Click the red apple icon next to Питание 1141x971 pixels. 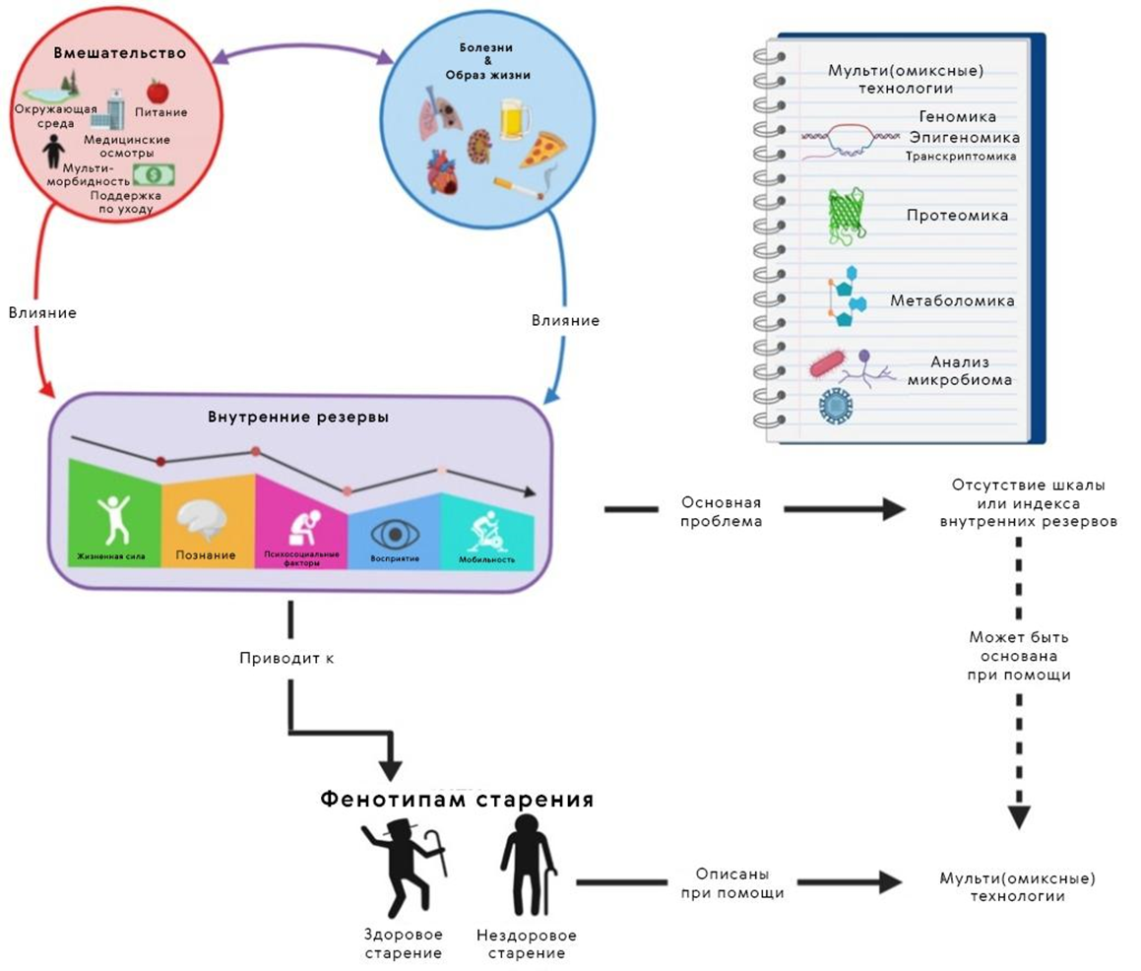pos(157,92)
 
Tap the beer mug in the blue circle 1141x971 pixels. pos(514,119)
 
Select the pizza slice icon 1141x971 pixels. pos(542,151)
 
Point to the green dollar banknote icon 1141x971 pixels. pos(153,174)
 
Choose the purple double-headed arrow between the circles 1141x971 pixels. pos(301,55)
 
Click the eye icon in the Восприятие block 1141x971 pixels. pos(395,534)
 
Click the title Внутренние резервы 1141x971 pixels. pos(297,417)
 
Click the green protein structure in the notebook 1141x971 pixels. pos(845,216)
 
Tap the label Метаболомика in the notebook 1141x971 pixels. pos(952,300)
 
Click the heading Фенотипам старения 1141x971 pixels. pos(457,799)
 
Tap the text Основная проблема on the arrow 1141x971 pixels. pos(722,511)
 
